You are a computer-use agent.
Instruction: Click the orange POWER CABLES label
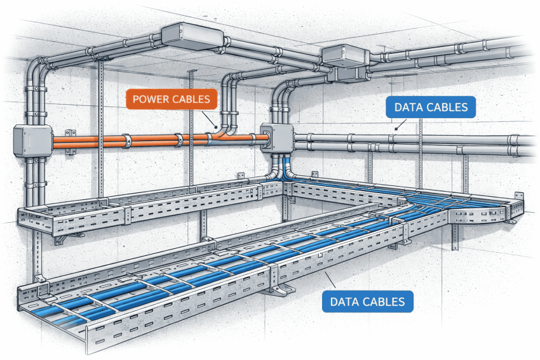coord(172,100)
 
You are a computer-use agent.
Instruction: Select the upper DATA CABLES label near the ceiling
coord(431,107)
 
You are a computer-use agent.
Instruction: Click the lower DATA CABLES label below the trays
coord(367,300)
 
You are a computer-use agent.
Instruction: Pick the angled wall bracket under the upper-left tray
coord(67,238)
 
